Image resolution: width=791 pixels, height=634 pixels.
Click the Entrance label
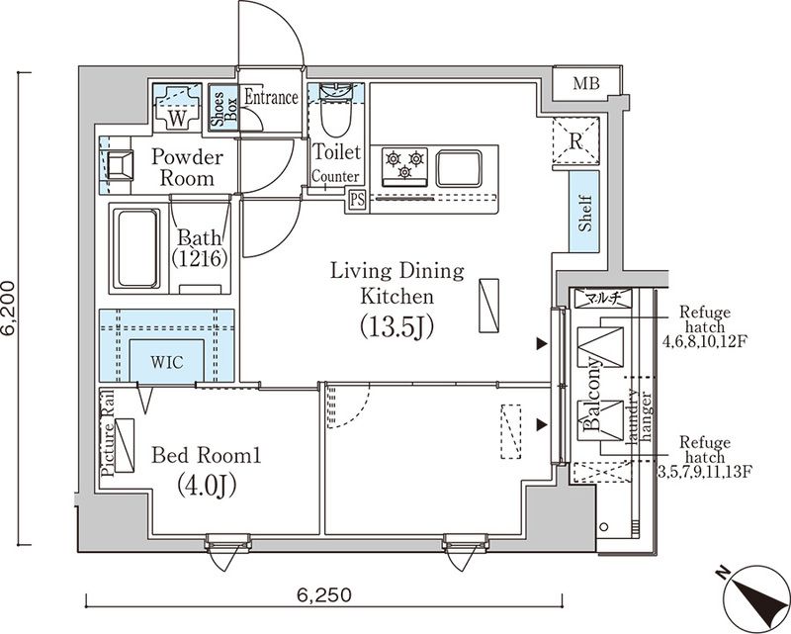271,97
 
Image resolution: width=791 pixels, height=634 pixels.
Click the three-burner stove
405,163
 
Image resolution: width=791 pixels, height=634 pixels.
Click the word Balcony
596,396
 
